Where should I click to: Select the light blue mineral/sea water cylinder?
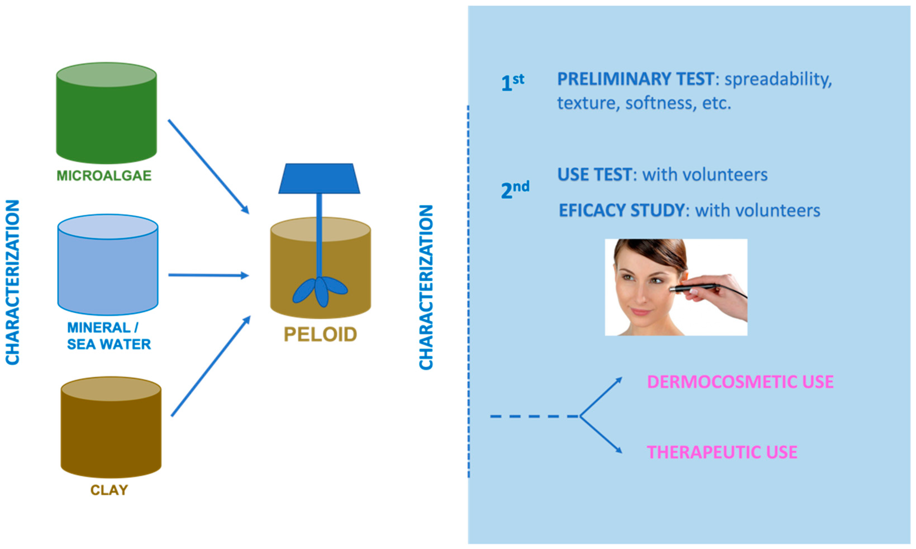point(108,270)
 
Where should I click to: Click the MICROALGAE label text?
point(104,175)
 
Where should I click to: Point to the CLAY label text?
point(109,490)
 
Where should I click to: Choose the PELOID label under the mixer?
point(320,334)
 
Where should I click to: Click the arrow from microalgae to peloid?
point(208,166)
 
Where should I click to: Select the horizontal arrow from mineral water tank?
point(208,275)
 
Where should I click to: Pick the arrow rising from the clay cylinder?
point(211,366)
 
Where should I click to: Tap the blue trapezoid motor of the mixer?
point(319,179)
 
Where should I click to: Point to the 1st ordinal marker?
point(512,82)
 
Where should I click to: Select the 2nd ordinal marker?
point(515,190)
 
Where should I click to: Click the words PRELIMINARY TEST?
point(635,79)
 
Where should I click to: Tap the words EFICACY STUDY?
point(622,210)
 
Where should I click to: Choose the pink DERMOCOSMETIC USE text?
point(740,382)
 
